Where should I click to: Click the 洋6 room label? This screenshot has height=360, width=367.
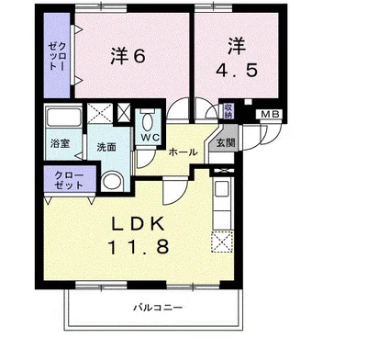click(x=128, y=55)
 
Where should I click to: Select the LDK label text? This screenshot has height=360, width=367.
click(x=139, y=223)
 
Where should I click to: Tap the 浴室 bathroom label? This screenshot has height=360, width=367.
click(x=59, y=144)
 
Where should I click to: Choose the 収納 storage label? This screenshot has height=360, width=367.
click(x=228, y=112)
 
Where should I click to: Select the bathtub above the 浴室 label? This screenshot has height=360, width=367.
click(x=61, y=118)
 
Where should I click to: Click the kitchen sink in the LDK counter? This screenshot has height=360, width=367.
click(x=220, y=191)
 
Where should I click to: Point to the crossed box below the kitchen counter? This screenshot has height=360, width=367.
click(x=220, y=242)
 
